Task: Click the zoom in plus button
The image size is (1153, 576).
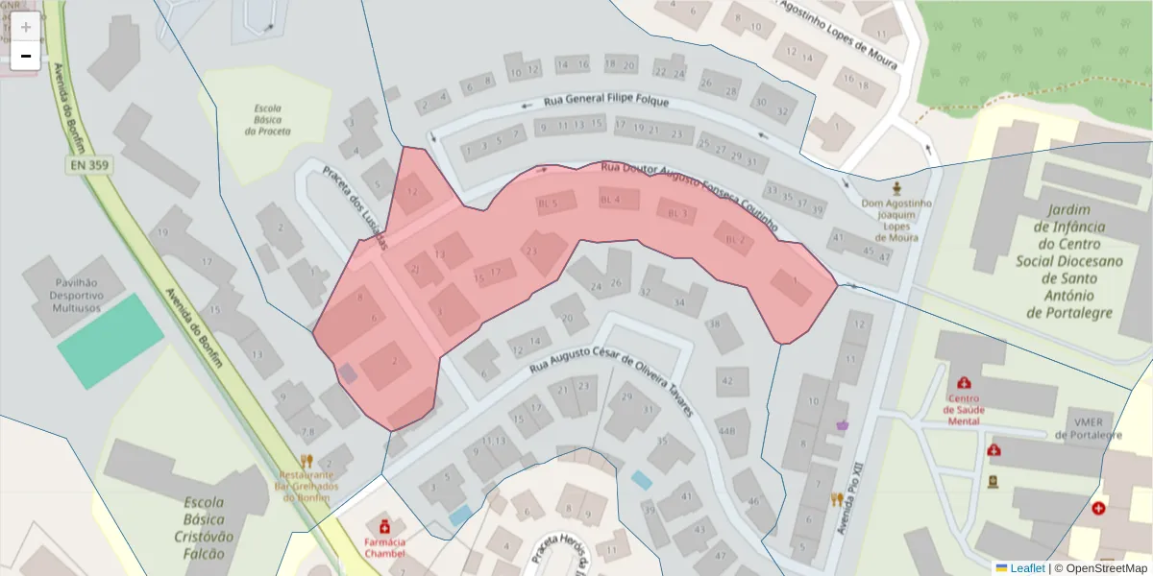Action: tap(26, 27)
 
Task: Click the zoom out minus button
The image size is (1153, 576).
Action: tap(26, 56)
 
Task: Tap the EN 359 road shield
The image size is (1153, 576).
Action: tap(88, 166)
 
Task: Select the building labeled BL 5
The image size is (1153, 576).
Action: tap(549, 204)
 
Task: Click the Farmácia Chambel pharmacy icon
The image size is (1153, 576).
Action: tap(385, 526)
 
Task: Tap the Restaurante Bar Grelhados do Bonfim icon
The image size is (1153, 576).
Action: tap(307, 461)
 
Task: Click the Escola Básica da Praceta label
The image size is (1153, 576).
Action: tap(267, 120)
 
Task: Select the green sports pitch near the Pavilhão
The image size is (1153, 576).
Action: tap(110, 341)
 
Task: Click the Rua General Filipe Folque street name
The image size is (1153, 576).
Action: tap(606, 101)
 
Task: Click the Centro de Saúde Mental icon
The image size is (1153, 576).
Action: tap(964, 383)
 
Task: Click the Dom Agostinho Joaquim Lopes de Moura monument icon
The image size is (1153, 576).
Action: tap(897, 187)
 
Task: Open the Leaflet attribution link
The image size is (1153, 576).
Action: tap(1027, 568)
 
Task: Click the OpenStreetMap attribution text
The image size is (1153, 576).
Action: tap(1106, 568)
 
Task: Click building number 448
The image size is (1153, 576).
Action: tap(728, 430)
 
